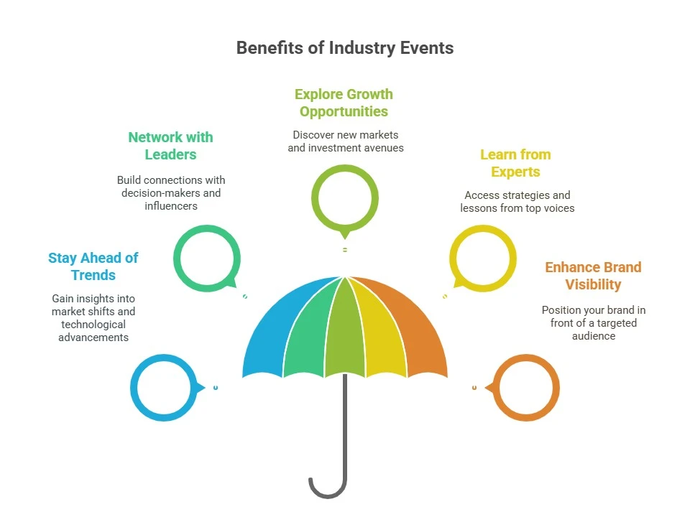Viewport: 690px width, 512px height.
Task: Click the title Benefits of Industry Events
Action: click(x=345, y=48)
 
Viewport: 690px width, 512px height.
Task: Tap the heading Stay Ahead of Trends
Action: click(x=93, y=266)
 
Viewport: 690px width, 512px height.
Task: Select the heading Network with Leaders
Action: click(x=171, y=146)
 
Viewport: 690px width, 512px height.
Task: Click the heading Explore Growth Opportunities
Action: click(x=344, y=103)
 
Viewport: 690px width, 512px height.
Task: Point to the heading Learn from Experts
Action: click(x=515, y=163)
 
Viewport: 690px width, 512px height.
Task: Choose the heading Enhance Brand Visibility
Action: click(x=593, y=276)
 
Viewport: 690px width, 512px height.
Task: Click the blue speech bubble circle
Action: click(x=134, y=388)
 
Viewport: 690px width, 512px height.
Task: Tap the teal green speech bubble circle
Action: click(x=177, y=259)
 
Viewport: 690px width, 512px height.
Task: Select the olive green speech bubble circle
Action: click(x=315, y=197)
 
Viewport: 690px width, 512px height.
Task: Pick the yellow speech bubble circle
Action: click(x=513, y=259)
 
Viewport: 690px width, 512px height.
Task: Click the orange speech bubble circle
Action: click(x=556, y=388)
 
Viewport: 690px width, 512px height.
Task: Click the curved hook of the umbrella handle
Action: click(x=328, y=495)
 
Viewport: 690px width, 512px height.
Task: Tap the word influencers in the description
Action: click(x=171, y=205)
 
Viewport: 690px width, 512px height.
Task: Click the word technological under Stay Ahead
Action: click(x=93, y=325)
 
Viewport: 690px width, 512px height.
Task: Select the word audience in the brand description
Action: click(x=594, y=336)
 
